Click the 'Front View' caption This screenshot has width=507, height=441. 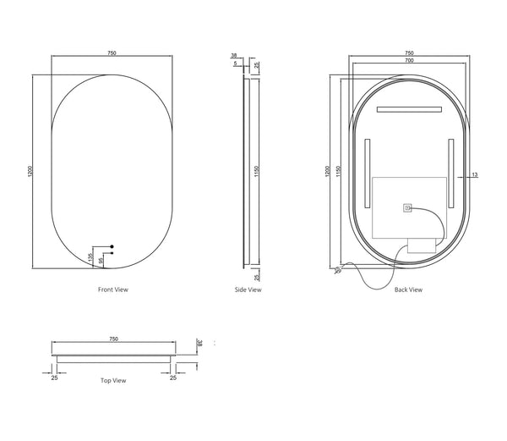pyautogui.click(x=113, y=289)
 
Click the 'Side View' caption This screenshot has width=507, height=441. pyautogui.click(x=248, y=289)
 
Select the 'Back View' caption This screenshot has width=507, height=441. pyautogui.click(x=408, y=289)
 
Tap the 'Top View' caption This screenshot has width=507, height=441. pyautogui.click(x=113, y=380)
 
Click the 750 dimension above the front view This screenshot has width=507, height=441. pyautogui.click(x=112, y=52)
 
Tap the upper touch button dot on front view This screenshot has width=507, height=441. pyautogui.click(x=112, y=246)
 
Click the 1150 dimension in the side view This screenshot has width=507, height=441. pyautogui.click(x=257, y=173)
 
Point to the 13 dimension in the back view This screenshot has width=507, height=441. pyautogui.click(x=475, y=174)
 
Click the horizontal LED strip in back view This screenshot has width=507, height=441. pyautogui.click(x=409, y=109)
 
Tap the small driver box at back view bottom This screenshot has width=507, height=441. pyautogui.click(x=421, y=246)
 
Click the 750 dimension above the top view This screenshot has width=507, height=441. pyautogui.click(x=113, y=338)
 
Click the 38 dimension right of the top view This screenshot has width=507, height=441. pyautogui.click(x=200, y=345)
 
